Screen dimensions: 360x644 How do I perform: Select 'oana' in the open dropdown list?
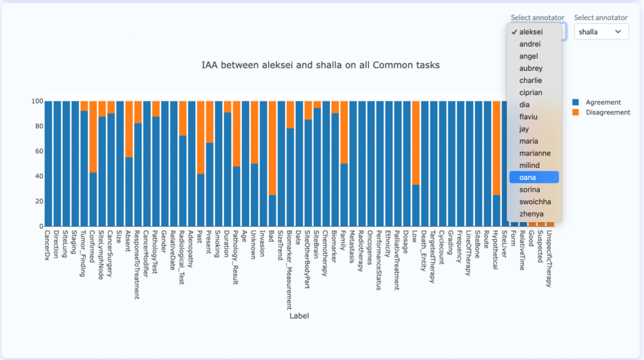[534, 177]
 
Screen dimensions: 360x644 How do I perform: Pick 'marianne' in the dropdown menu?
[534, 153]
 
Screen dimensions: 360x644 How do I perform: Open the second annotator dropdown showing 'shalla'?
[601, 31]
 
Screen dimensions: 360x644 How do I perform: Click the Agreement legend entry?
[602, 102]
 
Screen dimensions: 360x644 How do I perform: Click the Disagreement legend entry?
[607, 112]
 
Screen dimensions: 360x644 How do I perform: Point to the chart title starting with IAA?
[320, 65]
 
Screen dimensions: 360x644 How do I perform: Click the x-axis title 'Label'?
[299, 315]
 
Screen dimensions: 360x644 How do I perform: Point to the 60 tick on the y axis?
[37, 151]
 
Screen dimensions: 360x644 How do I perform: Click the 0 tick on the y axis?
[40, 226]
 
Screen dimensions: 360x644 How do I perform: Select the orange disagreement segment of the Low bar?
[415, 142]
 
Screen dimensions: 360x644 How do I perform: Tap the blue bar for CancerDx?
[48, 164]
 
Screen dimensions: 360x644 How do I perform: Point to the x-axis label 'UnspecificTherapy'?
[550, 259]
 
